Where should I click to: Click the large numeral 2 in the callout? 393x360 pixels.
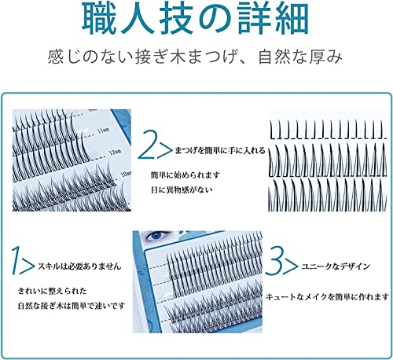click(148, 145)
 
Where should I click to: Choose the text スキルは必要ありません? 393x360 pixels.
click(74, 266)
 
